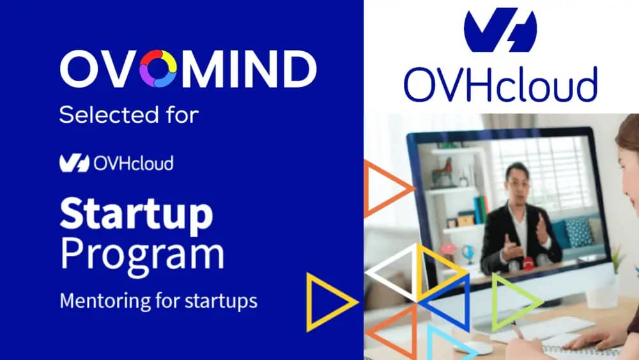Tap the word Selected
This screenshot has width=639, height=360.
(x=109, y=114)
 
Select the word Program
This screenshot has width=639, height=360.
(x=142, y=255)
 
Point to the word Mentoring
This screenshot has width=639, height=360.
(x=105, y=302)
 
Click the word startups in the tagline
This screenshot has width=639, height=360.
(x=221, y=302)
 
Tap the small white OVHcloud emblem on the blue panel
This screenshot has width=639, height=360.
(x=74, y=163)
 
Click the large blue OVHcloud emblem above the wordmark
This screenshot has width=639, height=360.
(x=500, y=31)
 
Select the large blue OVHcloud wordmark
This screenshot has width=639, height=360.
(x=500, y=84)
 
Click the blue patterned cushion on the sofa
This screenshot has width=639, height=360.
(x=579, y=233)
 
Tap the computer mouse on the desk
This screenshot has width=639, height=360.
(x=473, y=348)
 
